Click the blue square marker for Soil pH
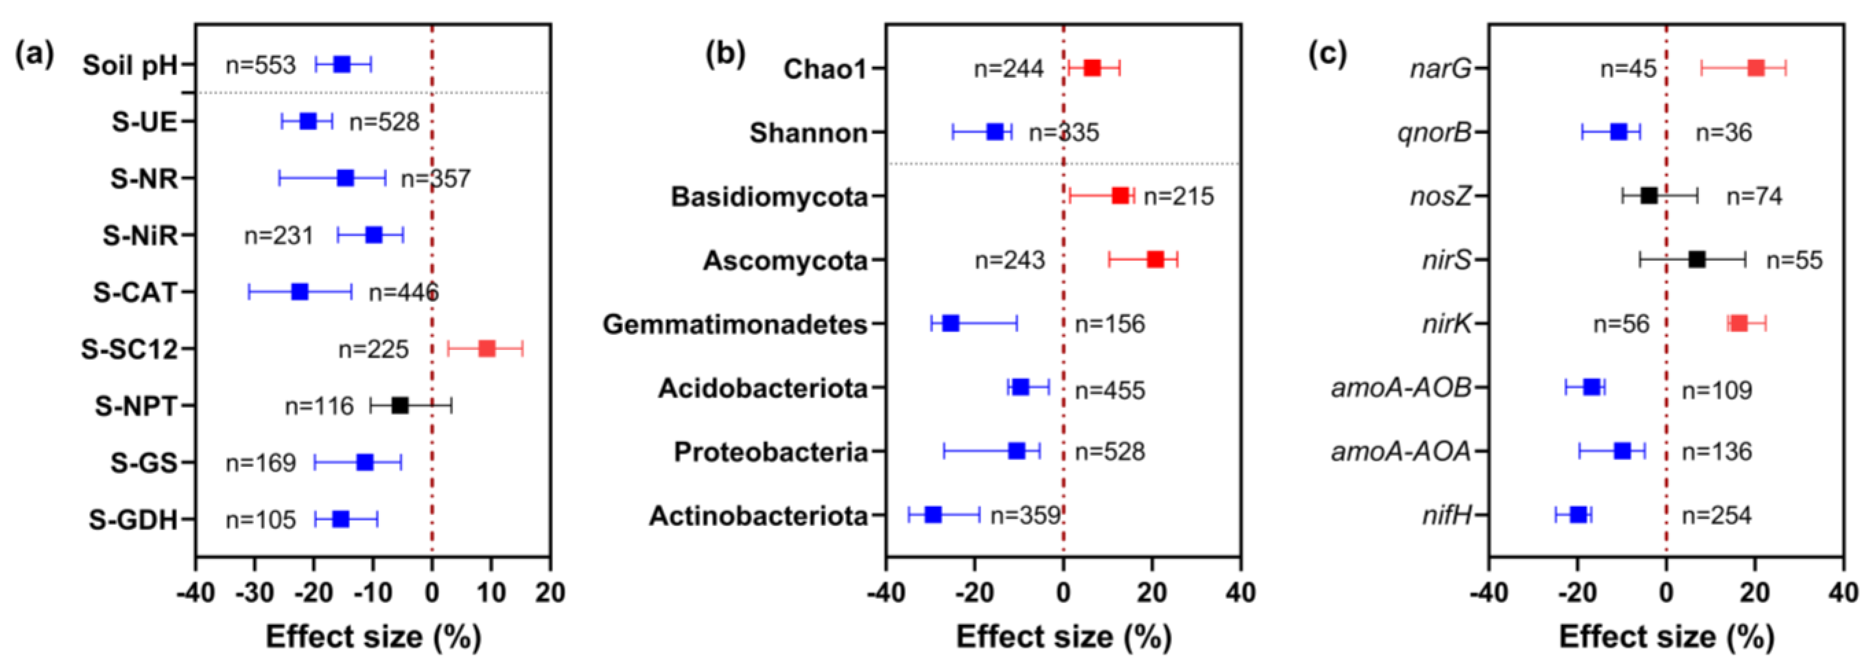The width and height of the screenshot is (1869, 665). coord(342,64)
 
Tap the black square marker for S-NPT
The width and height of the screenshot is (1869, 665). coord(400,405)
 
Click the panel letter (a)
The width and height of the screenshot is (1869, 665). coord(34,54)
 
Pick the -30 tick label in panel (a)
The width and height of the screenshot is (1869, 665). coord(255,593)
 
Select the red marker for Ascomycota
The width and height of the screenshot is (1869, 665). coord(1155,259)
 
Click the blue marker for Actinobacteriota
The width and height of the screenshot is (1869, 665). coord(933,515)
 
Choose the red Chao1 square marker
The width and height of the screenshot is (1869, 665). coord(1092,68)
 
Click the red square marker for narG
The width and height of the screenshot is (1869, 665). coord(1756,68)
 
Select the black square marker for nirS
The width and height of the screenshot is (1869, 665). coord(1696,259)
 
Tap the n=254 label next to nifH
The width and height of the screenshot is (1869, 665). coord(1717,515)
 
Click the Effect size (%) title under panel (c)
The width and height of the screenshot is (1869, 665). coord(1666,637)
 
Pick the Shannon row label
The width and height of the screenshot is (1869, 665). coord(808,133)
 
